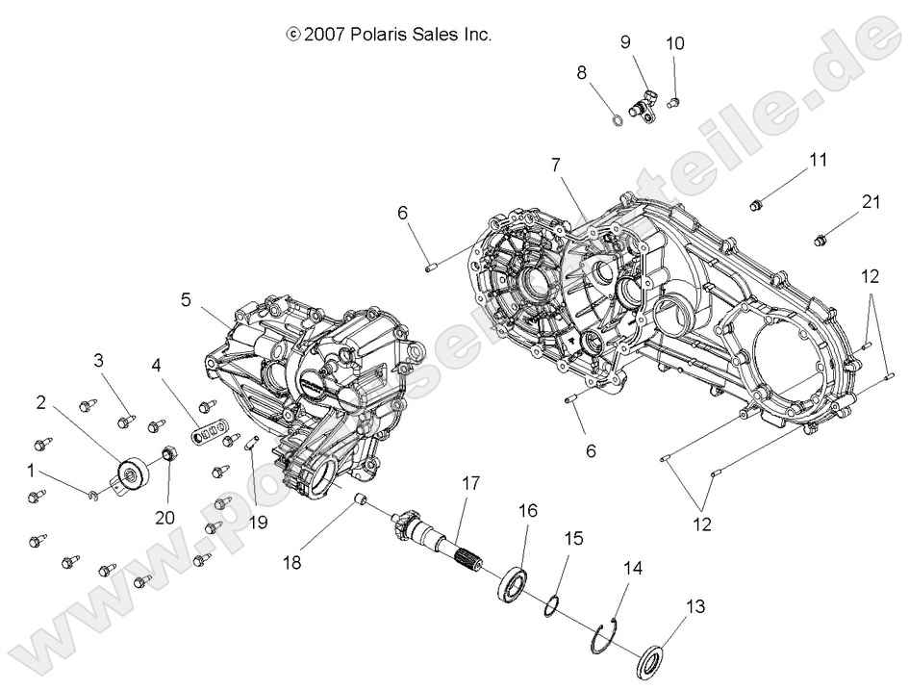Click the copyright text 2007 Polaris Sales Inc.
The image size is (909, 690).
pos(390,35)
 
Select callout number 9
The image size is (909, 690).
pos(625,42)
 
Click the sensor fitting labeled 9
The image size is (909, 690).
pos(642,106)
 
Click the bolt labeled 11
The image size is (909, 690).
pos(757,203)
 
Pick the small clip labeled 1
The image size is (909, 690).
pos(92,495)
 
